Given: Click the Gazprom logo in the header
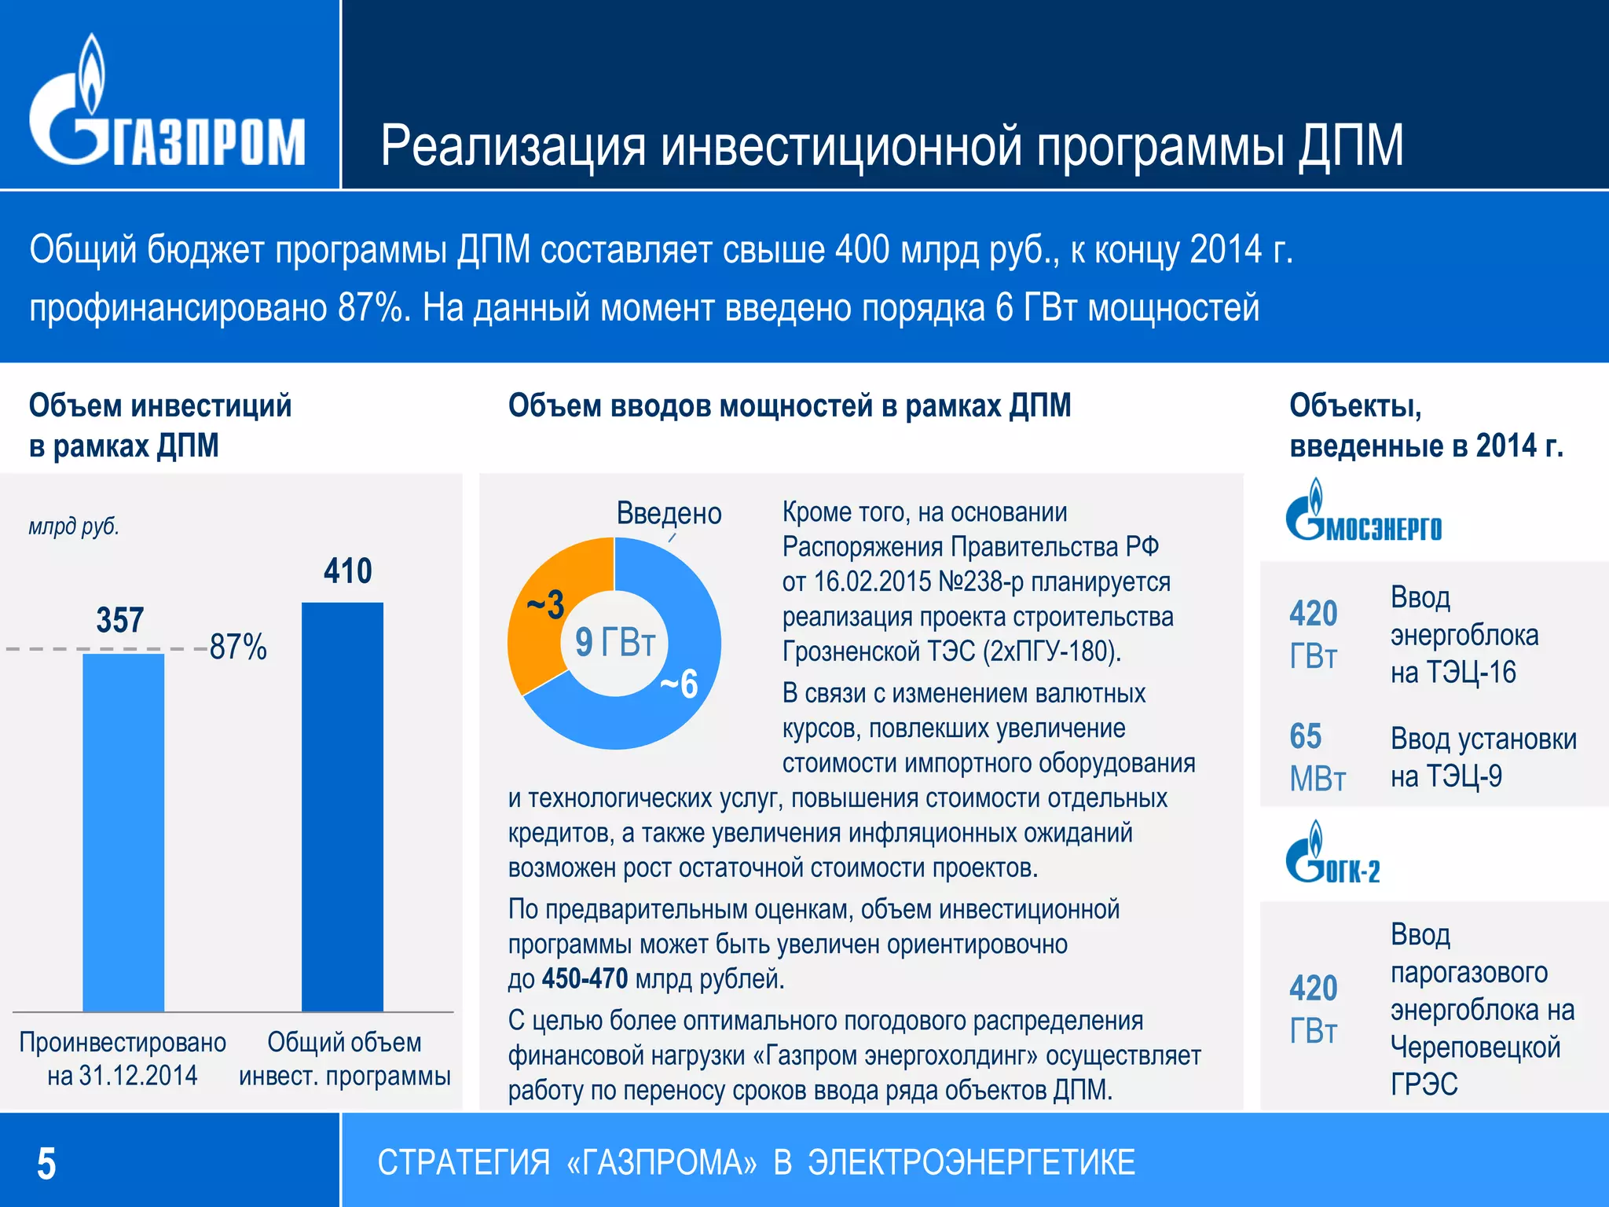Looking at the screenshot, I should click(167, 106).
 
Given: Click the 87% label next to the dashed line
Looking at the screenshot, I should click(238, 648).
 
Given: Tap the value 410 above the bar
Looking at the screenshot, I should click(347, 571).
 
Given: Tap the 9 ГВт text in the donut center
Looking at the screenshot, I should click(614, 642).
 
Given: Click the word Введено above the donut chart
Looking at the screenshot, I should click(669, 513).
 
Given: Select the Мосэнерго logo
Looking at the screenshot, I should click(1363, 513).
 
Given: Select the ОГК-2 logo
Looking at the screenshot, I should click(1332, 855).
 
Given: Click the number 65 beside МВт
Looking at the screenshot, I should click(1305, 736).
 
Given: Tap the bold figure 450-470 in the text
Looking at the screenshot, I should click(585, 979).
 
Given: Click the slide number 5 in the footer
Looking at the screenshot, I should click(46, 1164).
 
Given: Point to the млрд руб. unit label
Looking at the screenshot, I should click(74, 526).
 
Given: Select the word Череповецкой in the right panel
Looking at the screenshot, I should click(1475, 1047).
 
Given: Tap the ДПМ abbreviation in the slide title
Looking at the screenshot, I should click(1350, 146).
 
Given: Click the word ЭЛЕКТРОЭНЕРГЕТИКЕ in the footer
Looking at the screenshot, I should click(971, 1163).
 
